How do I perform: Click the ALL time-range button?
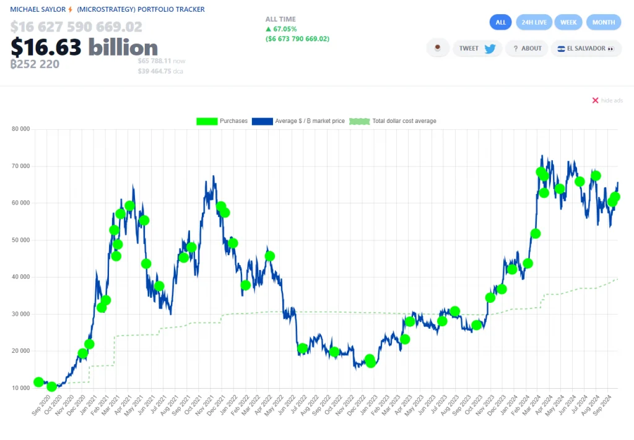[x=500, y=22]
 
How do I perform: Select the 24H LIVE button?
[x=534, y=22]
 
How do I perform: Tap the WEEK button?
[x=568, y=22]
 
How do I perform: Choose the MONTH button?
[x=603, y=22]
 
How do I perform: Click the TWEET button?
[x=477, y=48]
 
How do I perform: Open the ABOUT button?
[x=526, y=48]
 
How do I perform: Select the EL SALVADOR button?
[x=585, y=48]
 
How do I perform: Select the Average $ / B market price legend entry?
[x=298, y=121]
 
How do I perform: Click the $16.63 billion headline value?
[x=84, y=48]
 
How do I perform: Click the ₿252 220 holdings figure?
[x=35, y=64]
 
